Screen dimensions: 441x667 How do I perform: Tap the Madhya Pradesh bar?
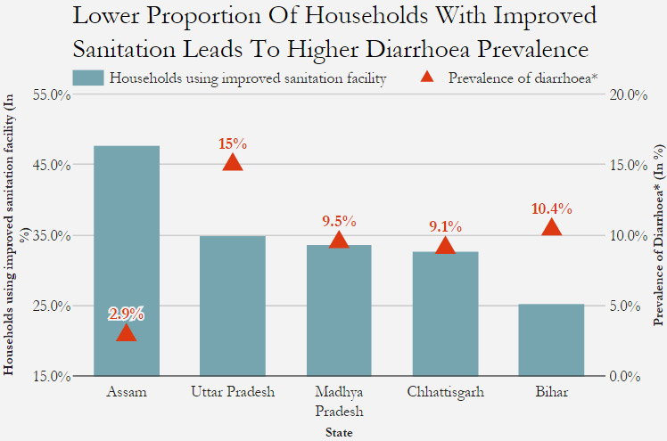pos(339,310)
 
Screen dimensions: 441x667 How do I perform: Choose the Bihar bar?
pos(551,339)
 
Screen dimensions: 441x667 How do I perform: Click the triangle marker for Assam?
pos(127,333)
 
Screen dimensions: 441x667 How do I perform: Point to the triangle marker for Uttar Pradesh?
pos(233,162)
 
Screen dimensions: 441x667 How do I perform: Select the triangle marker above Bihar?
pos(551,227)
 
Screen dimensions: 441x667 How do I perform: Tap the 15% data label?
pos(233,143)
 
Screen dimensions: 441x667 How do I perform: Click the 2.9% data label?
pos(127,314)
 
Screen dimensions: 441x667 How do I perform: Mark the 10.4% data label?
pos(551,208)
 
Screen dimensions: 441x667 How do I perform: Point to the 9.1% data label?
pos(445,226)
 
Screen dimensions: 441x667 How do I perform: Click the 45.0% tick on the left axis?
pos(53,165)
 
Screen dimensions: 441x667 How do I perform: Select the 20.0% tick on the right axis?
pos(627,94)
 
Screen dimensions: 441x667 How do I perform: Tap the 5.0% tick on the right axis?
pos(625,306)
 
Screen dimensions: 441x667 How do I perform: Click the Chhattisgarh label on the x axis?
pos(445,392)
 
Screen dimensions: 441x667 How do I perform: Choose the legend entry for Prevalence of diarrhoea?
pos(522,78)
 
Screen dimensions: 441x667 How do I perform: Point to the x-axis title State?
pos(338,433)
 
